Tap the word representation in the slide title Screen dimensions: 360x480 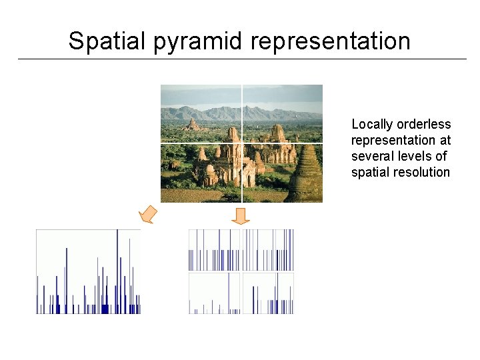pos(331,41)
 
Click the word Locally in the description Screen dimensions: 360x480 pos(372,125)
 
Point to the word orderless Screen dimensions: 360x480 pos(423,125)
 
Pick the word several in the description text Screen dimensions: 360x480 pos(372,157)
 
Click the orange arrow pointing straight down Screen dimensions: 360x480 pos(241,215)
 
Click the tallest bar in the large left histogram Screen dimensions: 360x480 pos(117,267)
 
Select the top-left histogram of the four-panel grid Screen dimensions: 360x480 pos(214,249)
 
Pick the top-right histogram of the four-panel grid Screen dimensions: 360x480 pos(268,249)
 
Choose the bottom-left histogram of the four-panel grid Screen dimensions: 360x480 pos(214,293)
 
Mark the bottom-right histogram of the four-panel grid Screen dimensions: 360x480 pos(268,293)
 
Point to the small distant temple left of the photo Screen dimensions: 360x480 pos(192,125)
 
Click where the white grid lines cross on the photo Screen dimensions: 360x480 pos(242,143)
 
